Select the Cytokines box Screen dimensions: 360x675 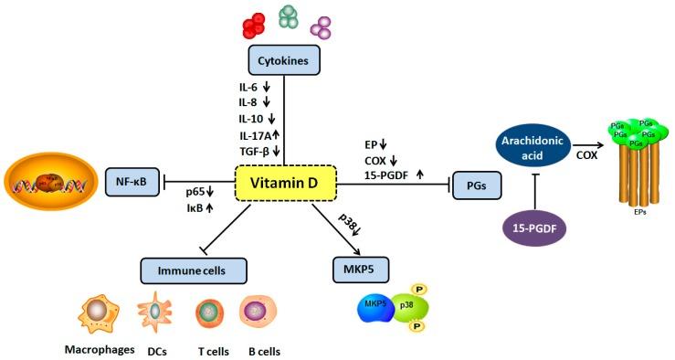pyautogui.click(x=284, y=62)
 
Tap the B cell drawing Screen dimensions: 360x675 pyautogui.click(x=257, y=313)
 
